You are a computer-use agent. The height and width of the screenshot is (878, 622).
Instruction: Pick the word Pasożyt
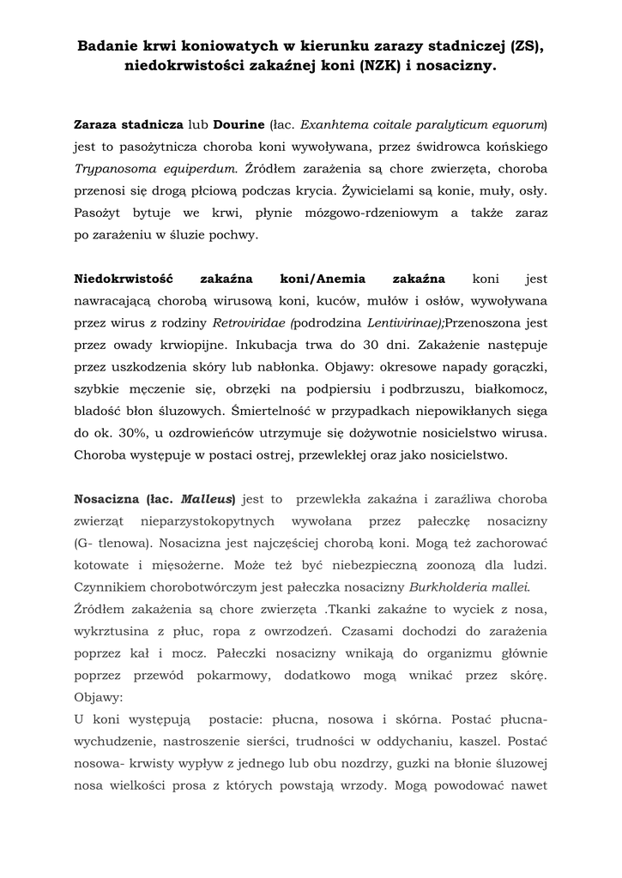[x=99, y=213]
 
